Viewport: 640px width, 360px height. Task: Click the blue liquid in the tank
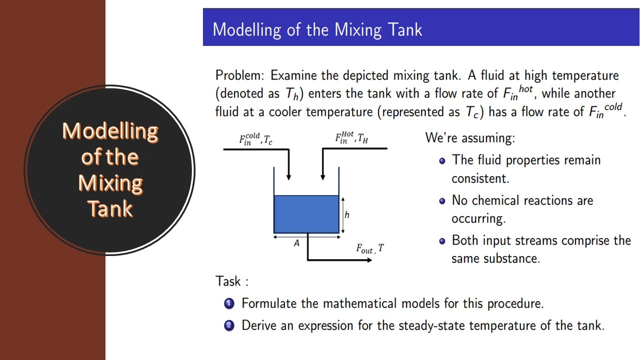point(306,214)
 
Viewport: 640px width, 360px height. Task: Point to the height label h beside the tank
point(347,215)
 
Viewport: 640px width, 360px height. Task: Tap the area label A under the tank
point(296,243)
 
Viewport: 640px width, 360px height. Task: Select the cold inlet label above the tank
point(255,138)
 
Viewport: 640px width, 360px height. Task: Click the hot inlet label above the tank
point(351,138)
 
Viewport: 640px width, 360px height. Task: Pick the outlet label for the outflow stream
point(370,248)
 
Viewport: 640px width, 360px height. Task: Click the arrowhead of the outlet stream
point(369,260)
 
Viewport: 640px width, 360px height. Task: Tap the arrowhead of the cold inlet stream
point(288,177)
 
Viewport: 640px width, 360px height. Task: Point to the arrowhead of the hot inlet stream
point(322,177)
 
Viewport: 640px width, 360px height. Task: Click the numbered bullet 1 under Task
point(229,303)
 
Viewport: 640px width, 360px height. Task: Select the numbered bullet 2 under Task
point(229,325)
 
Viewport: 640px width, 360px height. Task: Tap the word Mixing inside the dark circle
point(110,183)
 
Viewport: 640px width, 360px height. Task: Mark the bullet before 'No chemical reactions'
point(442,201)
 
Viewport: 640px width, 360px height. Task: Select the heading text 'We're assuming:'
point(469,137)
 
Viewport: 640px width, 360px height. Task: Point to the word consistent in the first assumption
point(480,178)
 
